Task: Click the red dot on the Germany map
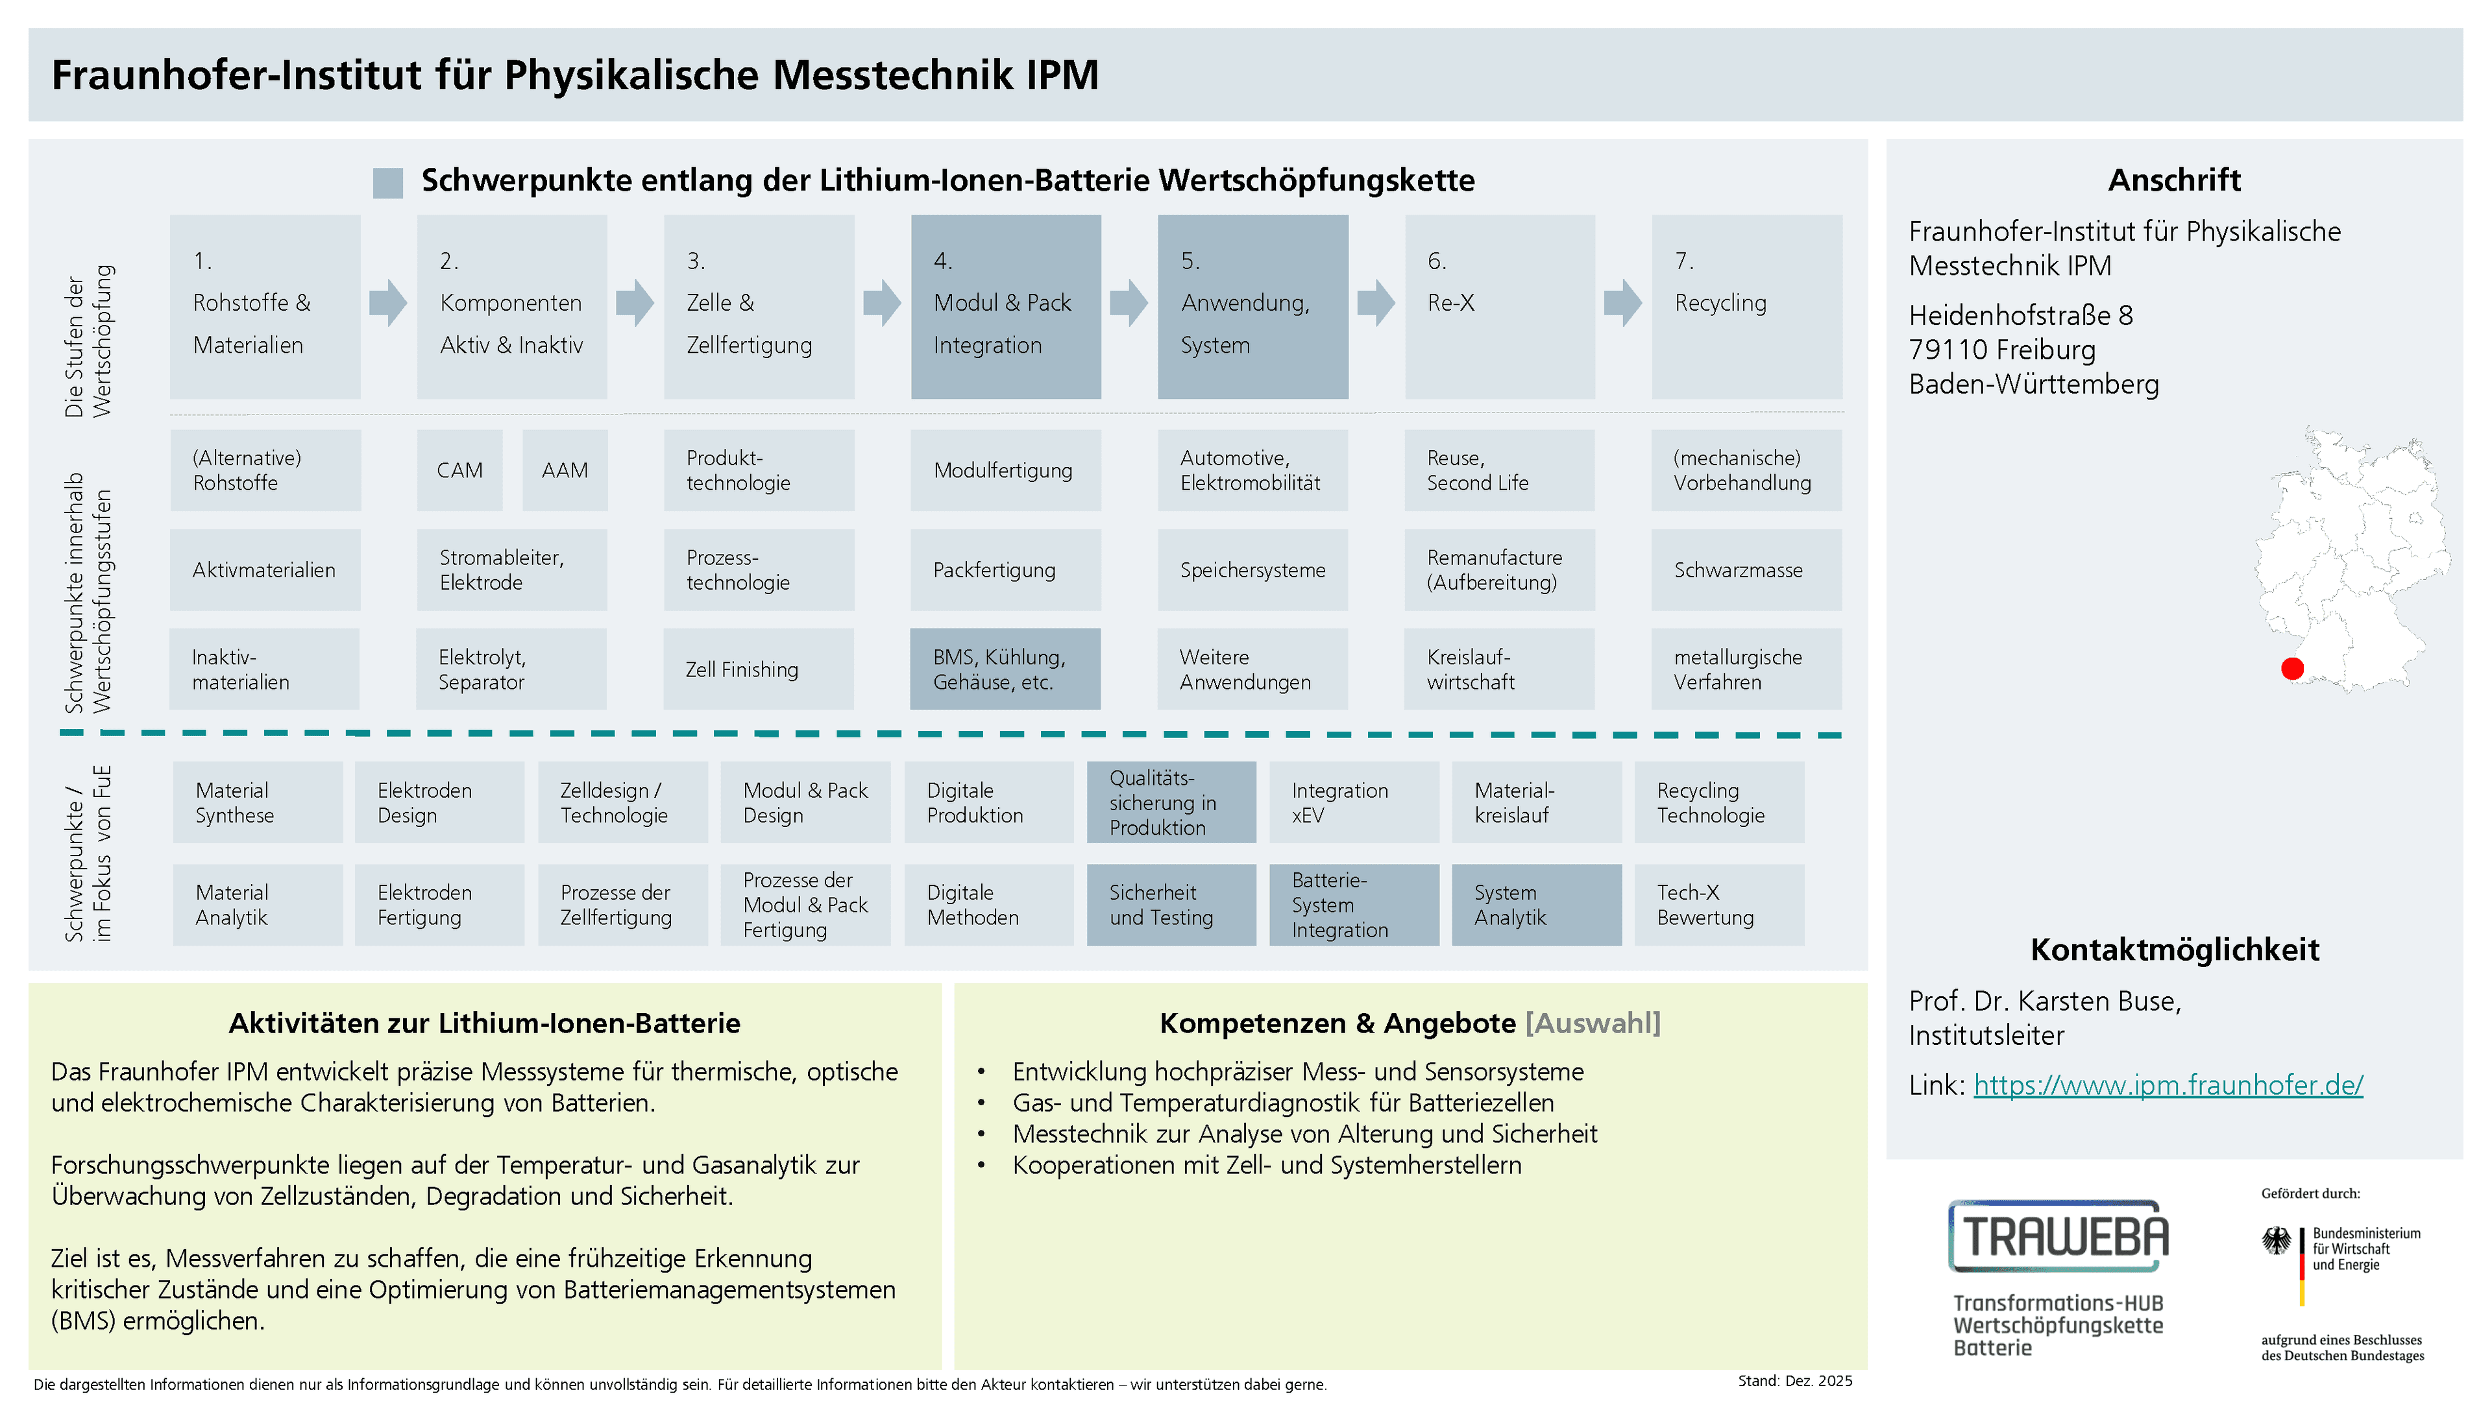(x=2291, y=668)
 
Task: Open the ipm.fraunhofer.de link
(x=2168, y=1085)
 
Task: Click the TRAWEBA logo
(x=2058, y=1237)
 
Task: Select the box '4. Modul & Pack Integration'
(x=1005, y=307)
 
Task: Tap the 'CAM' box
(x=459, y=470)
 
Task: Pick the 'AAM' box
(x=565, y=470)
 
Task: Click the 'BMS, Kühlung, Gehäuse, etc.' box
(x=1005, y=669)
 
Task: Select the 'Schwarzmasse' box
(x=1746, y=569)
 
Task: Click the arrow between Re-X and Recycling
(x=1622, y=303)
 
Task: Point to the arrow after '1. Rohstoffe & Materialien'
(x=388, y=303)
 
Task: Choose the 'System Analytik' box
(x=1536, y=905)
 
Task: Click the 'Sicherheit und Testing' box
(x=1171, y=905)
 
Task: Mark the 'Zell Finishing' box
(x=759, y=669)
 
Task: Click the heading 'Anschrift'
(x=2174, y=180)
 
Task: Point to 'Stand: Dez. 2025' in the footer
(x=1794, y=1381)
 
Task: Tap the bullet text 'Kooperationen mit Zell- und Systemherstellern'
(x=1266, y=1165)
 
